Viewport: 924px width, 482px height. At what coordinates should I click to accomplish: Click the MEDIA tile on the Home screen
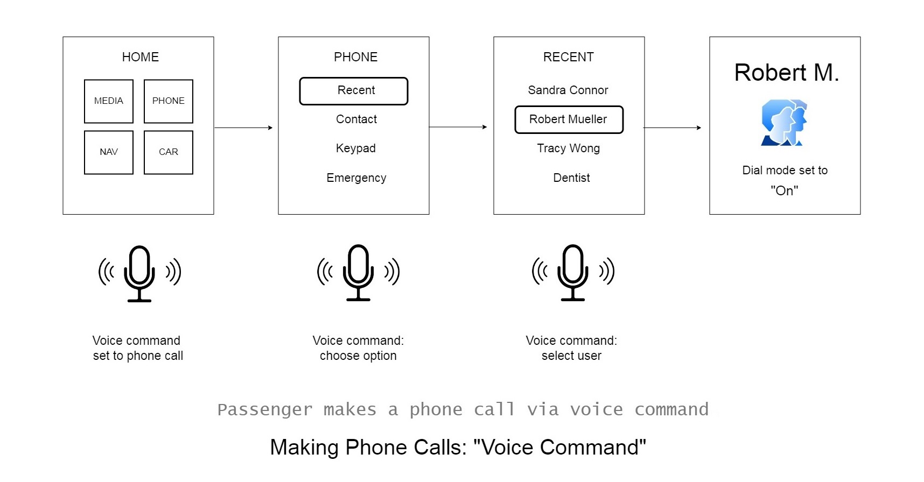coord(109,101)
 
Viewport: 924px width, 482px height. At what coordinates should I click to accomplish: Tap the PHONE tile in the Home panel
coord(169,101)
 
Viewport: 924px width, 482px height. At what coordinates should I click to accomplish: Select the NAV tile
coord(109,152)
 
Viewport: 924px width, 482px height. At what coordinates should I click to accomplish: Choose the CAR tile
coord(169,152)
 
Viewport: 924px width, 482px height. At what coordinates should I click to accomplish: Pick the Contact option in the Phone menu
coord(356,119)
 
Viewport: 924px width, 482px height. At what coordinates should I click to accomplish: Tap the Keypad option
coord(356,148)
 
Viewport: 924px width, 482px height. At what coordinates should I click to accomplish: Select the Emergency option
coord(356,178)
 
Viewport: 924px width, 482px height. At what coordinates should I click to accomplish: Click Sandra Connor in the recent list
coord(568,90)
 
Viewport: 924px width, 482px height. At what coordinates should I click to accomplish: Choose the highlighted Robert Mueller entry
coord(569,119)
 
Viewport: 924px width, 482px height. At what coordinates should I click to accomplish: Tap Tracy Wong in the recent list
coord(568,148)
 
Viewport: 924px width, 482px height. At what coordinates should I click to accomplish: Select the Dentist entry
coord(571,178)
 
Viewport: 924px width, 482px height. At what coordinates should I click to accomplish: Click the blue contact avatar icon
coord(784,123)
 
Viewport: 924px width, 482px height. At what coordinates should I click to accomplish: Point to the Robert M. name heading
coord(787,73)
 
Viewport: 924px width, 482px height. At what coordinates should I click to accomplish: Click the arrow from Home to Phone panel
coord(244,128)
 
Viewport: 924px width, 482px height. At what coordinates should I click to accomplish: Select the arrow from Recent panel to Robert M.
coord(673,128)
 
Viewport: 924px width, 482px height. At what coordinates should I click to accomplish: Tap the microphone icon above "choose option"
coord(359,273)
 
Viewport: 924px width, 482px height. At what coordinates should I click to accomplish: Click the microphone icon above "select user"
coord(573,273)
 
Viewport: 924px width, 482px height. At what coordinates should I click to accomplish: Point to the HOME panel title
coord(141,57)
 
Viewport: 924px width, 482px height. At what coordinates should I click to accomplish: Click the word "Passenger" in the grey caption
coord(265,410)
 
